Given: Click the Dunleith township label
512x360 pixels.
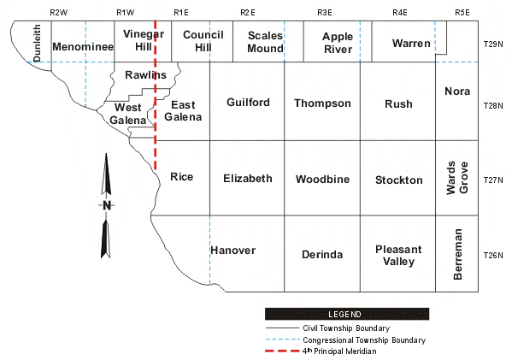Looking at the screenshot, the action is pos(38,43).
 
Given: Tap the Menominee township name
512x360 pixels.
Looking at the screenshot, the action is pos(83,47).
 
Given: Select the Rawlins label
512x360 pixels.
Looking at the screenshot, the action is pos(145,74).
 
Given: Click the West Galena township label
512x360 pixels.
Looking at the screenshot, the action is pos(128,114).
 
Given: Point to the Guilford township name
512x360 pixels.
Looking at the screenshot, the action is pos(248,103).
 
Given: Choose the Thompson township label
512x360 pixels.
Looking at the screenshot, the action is pos(322,103).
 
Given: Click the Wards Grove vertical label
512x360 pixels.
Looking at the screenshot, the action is pos(457,178).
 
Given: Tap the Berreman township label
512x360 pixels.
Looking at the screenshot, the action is pos(458,254).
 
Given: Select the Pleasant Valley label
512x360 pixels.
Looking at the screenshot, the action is pos(398,255).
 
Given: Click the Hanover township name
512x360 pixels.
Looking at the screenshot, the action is pos(232,251).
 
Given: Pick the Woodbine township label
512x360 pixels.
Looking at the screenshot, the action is pos(322,179).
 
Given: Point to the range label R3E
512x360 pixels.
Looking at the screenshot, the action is pos(325,13).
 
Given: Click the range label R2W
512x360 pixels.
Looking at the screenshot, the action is pos(59,13).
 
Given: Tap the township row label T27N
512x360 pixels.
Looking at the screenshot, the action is pos(493,180).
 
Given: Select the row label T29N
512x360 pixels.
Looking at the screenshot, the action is pos(493,44).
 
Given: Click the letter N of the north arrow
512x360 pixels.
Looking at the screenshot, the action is pos(107,205).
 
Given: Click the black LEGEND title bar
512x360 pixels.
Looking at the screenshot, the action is pos(347,314).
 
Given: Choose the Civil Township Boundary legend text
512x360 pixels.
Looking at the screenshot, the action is pos(346,328).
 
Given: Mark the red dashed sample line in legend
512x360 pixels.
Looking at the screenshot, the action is pos(282,351).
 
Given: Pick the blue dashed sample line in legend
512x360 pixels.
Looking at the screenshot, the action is pos(282,339).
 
